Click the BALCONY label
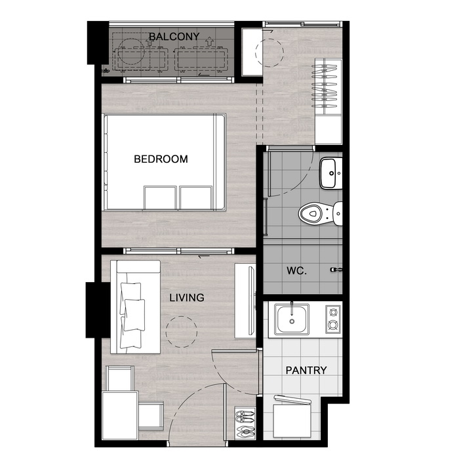pyautogui.click(x=174, y=37)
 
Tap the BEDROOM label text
pyautogui.click(x=161, y=159)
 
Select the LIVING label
pyautogui.click(x=187, y=298)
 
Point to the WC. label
pyautogui.click(x=296, y=271)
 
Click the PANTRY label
pyautogui.click(x=306, y=370)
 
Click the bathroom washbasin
pyautogui.click(x=330, y=173)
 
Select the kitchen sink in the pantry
pyautogui.click(x=291, y=319)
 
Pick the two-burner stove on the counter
pyautogui.click(x=333, y=319)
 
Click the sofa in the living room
pyautogui.click(x=135, y=307)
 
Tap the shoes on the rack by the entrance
pyautogui.click(x=245, y=422)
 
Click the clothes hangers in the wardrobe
pyautogui.click(x=324, y=86)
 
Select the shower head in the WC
pyautogui.click(x=336, y=270)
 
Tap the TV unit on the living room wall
pyautogui.click(x=245, y=300)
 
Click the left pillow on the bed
pyautogui.click(x=160, y=198)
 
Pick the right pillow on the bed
pyautogui.click(x=195, y=198)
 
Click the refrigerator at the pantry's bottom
pyautogui.click(x=292, y=418)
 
